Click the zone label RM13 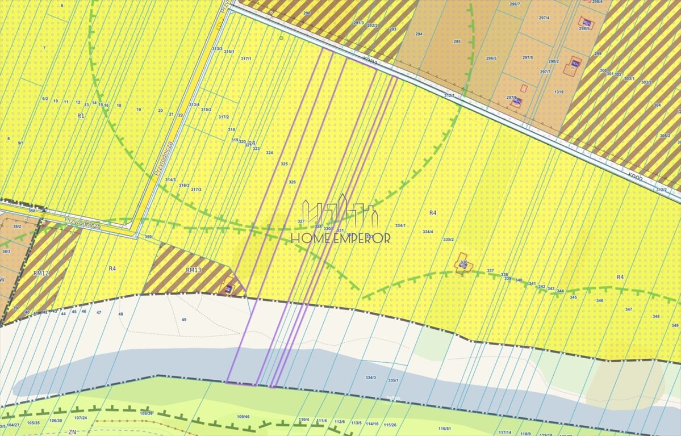[x=194, y=270]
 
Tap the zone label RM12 [x=41, y=273]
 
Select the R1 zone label [x=80, y=115]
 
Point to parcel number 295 [x=457, y=41]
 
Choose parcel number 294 [x=419, y=34]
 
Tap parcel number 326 [x=292, y=182]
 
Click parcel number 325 [x=284, y=164]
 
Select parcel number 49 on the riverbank [x=183, y=320]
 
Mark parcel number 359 [x=148, y=237]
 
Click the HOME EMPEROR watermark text [x=341, y=238]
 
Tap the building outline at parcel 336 [x=463, y=263]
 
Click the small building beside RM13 [x=229, y=290]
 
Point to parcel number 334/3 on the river [x=370, y=378]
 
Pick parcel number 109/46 [x=243, y=417]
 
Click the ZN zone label [x=72, y=431]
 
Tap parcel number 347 [x=628, y=309]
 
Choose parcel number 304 [x=657, y=105]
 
